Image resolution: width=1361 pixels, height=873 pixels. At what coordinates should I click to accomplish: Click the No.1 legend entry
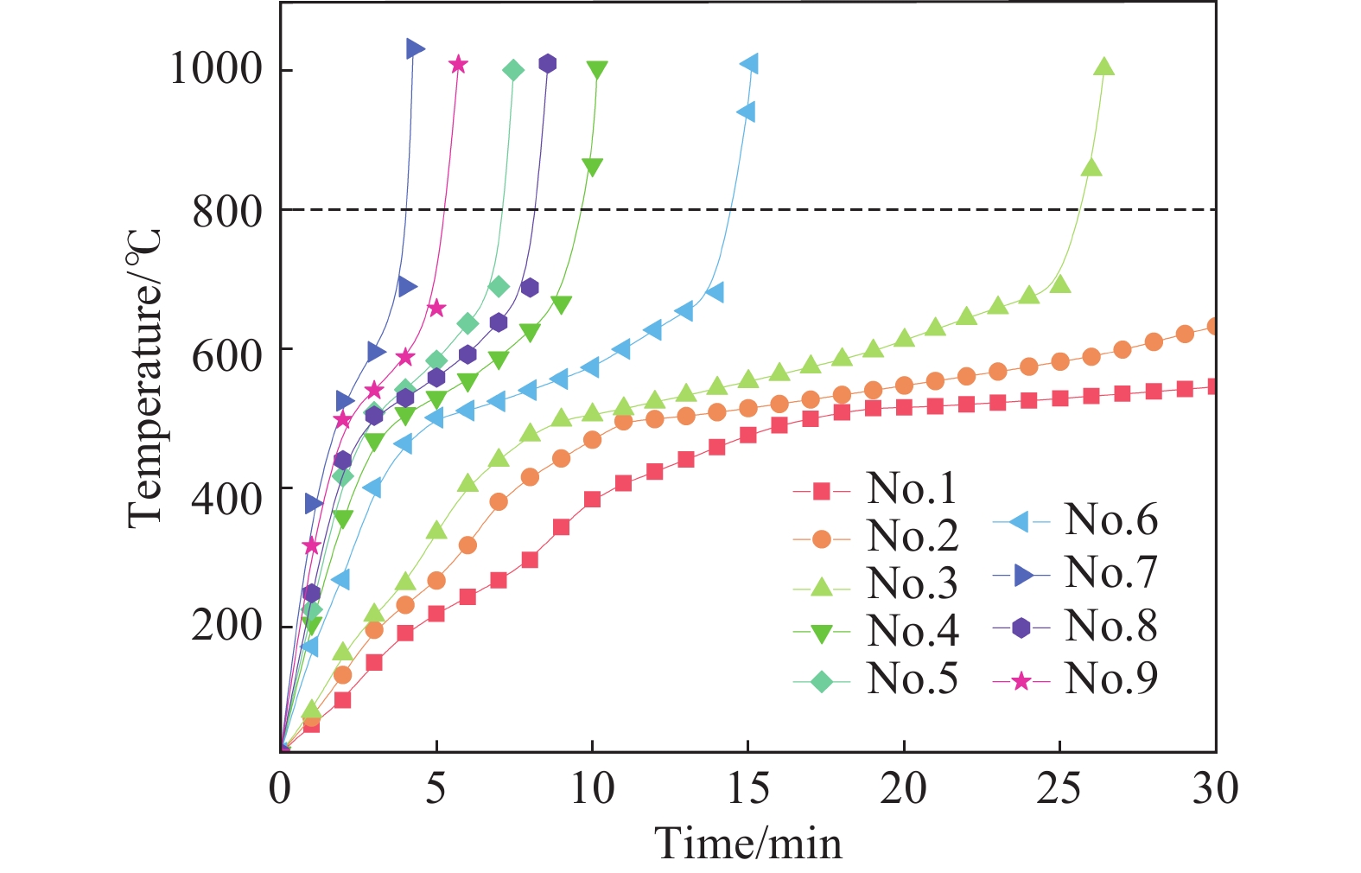pos(874,490)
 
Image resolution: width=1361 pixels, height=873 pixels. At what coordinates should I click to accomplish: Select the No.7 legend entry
pos(1073,572)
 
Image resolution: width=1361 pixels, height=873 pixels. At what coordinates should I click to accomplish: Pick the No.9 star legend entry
pos(1073,679)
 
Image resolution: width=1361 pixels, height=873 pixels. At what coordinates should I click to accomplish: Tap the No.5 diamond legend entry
pos(874,680)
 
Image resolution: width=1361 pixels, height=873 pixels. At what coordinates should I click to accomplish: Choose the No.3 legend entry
pos(874,585)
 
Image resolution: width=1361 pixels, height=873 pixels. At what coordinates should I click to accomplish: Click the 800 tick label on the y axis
pos(226,210)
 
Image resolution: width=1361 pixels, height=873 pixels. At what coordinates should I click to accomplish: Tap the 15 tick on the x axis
pos(747,788)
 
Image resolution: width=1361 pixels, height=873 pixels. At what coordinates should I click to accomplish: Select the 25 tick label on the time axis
pos(1059,788)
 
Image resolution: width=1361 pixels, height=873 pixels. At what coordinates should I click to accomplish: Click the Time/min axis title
pos(747,843)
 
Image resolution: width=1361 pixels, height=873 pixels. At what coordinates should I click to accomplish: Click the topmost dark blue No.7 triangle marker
pos(415,48)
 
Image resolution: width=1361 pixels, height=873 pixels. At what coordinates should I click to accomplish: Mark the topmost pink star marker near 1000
pos(458,65)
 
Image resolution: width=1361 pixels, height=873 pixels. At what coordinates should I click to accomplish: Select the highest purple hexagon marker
pos(547,64)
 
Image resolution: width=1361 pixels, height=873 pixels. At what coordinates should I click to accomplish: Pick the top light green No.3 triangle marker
pos(1103,67)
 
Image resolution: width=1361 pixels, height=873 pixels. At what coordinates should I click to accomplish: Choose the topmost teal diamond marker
pos(512,71)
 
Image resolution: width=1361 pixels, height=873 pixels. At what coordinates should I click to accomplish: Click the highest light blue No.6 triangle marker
pos(749,64)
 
